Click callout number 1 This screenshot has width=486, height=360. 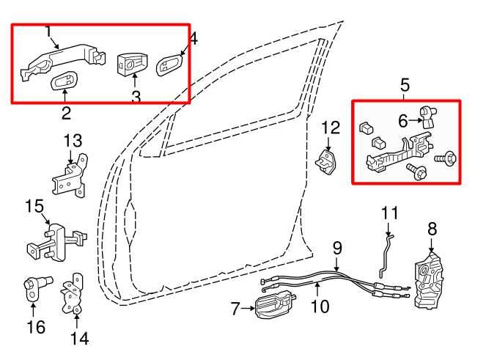(48, 32)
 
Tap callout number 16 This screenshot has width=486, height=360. (35, 326)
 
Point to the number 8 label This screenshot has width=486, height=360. (432, 229)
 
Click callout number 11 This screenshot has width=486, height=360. (389, 213)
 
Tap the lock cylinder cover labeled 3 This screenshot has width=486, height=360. (133, 64)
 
